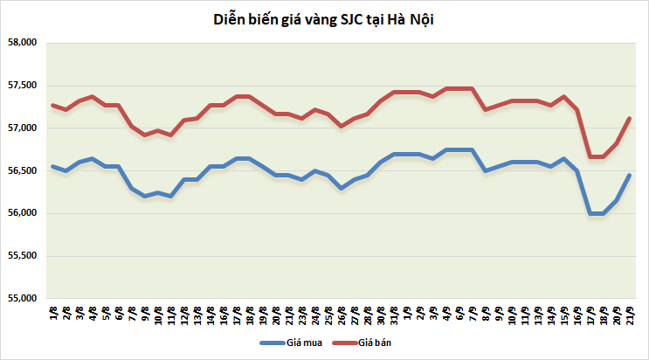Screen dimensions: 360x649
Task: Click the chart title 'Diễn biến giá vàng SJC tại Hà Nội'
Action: point(324,19)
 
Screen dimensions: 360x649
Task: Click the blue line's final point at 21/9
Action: point(630,176)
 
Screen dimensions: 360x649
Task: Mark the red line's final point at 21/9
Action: point(630,119)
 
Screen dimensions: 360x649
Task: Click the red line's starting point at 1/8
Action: point(53,105)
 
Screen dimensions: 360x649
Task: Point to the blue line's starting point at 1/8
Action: point(53,166)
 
